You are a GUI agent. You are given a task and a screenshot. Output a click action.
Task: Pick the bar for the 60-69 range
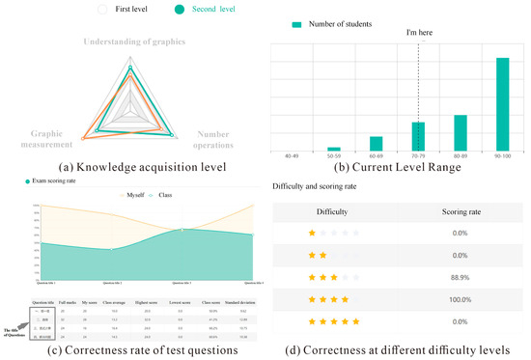pyautogui.click(x=376, y=144)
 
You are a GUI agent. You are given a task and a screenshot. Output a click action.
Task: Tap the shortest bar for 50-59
pyautogui.click(x=334, y=149)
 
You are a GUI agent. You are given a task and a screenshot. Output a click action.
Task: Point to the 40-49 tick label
pyautogui.click(x=292, y=156)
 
